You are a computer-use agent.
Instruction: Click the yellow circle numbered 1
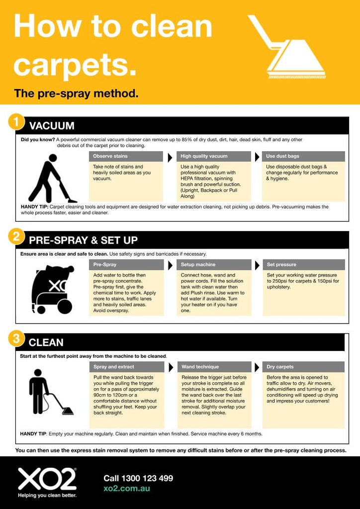(x=16, y=122)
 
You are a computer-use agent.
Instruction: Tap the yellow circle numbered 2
(x=16, y=237)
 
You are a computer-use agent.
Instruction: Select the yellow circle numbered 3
(x=16, y=339)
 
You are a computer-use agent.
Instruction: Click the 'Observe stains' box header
(x=126, y=156)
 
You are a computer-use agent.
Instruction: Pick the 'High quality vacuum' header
(x=214, y=156)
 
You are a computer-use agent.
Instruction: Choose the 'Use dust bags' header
(x=303, y=156)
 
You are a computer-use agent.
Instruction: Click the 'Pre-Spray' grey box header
(x=126, y=264)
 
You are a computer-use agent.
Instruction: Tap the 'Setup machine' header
(x=214, y=264)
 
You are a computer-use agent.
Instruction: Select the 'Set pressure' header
(x=303, y=264)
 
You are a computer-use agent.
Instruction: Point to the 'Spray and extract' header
(x=126, y=367)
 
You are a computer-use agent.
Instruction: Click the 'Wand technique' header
(x=214, y=367)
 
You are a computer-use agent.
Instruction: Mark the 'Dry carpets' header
(x=303, y=367)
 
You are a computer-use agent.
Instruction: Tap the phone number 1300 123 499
(x=138, y=478)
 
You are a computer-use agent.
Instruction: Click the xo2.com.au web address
(x=127, y=489)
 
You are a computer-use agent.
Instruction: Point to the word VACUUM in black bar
(x=52, y=126)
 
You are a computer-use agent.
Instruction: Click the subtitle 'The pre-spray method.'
(x=76, y=93)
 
